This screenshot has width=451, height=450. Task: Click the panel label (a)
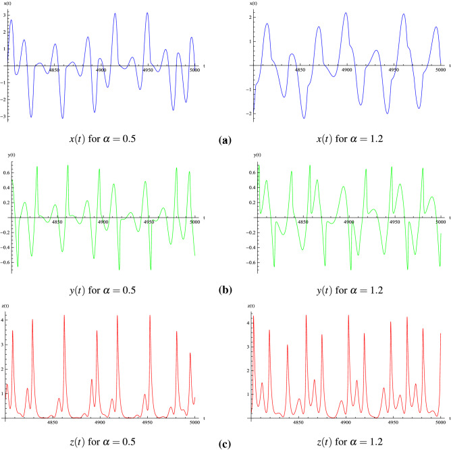click(x=225, y=141)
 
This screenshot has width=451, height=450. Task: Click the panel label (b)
click(x=225, y=293)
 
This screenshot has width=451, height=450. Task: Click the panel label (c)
click(x=225, y=443)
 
